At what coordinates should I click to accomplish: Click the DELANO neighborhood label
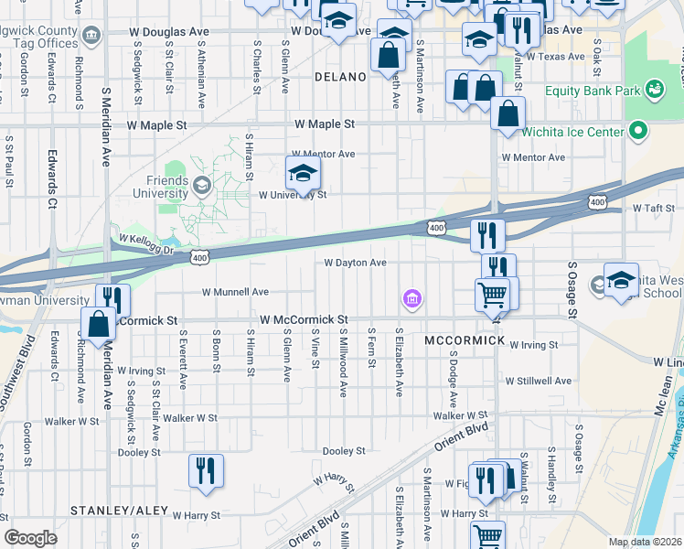340,77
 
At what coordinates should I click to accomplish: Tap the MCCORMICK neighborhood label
465,339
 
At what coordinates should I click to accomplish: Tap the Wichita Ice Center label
574,131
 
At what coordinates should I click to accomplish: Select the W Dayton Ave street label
356,263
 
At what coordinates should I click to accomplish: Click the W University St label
293,195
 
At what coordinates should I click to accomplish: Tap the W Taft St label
653,209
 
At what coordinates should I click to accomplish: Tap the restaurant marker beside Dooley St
206,471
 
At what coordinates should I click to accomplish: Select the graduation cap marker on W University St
304,172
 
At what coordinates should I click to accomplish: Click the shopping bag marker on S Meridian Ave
98,323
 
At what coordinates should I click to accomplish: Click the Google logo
30,538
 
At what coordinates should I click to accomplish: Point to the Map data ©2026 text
645,542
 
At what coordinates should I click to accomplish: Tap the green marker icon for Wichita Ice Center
639,131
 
